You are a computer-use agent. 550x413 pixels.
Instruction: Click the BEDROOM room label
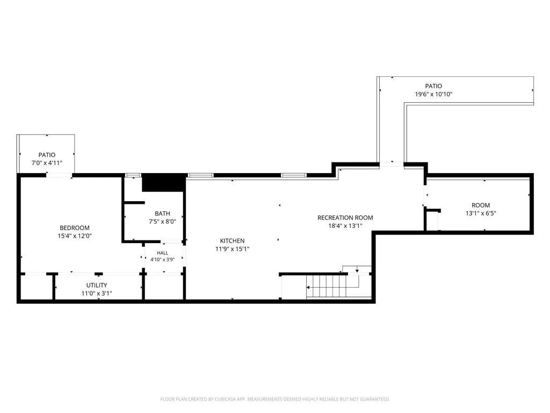(74, 228)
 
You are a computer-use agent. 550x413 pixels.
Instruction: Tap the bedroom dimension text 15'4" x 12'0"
(74, 236)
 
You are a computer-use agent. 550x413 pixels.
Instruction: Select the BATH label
(162, 213)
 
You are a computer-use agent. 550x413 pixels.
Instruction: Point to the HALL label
(162, 253)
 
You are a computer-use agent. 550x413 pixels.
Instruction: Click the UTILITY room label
(97, 286)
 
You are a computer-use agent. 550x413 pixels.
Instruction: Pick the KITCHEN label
(232, 241)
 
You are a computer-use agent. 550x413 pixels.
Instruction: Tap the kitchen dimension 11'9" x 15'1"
(232, 249)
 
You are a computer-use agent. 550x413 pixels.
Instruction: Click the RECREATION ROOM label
(345, 218)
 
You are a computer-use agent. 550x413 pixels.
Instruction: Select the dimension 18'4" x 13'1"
(345, 226)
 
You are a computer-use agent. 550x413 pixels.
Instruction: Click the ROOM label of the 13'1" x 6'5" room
(481, 205)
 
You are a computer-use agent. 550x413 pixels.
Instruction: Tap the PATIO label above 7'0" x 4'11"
(47, 155)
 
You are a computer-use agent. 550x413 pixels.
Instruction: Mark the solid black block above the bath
(163, 183)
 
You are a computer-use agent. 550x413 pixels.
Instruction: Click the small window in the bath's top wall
(133, 175)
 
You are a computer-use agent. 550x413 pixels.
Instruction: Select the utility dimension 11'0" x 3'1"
(97, 294)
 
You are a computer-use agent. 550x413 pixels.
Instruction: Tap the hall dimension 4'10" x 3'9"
(162, 260)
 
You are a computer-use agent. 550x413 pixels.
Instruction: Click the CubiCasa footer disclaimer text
(274, 400)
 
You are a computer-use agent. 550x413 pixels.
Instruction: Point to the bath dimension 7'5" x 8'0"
(162, 222)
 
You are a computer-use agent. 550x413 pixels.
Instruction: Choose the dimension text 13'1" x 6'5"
(481, 213)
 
